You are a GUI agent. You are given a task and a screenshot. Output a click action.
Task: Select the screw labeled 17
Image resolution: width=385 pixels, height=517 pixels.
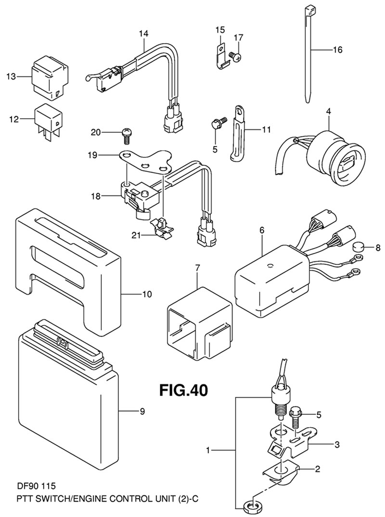[x=235, y=56]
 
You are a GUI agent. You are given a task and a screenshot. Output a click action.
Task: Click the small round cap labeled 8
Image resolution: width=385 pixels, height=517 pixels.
[x=358, y=248]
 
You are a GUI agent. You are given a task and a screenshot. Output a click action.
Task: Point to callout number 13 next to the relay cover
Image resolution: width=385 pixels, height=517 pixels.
[x=11, y=76]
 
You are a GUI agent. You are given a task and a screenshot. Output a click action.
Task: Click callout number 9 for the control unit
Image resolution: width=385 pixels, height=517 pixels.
[x=142, y=411]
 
